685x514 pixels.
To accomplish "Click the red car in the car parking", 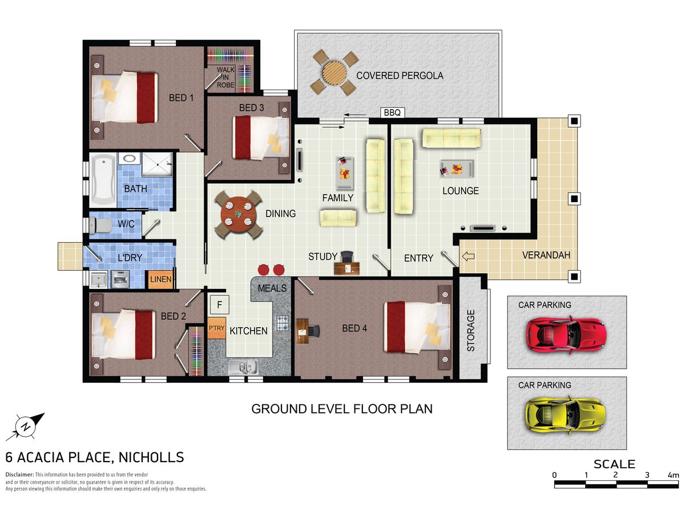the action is point(566,334).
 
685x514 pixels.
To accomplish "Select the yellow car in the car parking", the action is point(566,415).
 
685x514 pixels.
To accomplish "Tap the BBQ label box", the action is point(392,113).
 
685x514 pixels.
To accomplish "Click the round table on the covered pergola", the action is point(335,73).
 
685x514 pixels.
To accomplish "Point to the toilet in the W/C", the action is point(100,225).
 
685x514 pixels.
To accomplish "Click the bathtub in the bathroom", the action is point(103,180).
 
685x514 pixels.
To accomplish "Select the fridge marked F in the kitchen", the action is point(219,304).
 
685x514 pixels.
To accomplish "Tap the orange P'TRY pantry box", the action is point(216,328).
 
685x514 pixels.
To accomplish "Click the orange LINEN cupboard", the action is point(160,279).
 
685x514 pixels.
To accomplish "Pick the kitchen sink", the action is point(243,367).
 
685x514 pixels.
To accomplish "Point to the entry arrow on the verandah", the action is point(468,256).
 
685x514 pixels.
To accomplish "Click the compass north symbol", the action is point(26,427).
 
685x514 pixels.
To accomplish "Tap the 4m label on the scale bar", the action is point(673,475).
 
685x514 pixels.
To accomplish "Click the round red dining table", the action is point(239,214).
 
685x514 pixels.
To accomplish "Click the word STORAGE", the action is point(470,331).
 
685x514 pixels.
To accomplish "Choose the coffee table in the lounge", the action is point(457,169).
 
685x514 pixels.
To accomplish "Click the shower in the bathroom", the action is point(158,164).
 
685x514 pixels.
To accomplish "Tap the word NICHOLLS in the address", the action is point(151,457).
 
